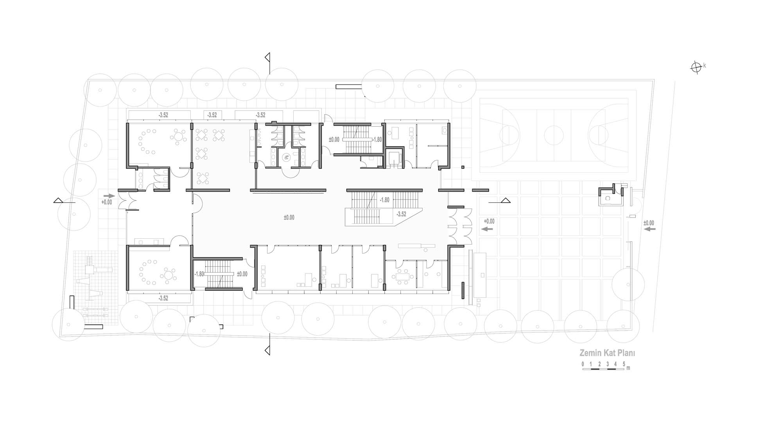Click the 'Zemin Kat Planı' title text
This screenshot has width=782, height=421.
(x=607, y=353)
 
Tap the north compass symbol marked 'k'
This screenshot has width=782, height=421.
(x=696, y=67)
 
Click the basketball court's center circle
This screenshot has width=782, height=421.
(x=554, y=135)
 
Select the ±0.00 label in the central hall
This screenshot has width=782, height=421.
(x=289, y=218)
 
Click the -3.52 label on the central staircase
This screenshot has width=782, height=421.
(x=401, y=214)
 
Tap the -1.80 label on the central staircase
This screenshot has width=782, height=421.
(x=385, y=200)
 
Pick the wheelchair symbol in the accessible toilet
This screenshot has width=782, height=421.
(x=287, y=157)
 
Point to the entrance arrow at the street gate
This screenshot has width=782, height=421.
(x=650, y=229)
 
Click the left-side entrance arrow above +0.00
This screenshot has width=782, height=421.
(x=109, y=196)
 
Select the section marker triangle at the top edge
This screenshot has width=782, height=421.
(x=267, y=58)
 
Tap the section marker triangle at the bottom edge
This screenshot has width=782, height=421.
(x=267, y=350)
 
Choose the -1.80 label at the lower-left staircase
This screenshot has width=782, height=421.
(x=199, y=274)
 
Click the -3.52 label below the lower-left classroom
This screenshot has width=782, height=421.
(x=163, y=299)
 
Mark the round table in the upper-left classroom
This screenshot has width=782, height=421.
(x=178, y=137)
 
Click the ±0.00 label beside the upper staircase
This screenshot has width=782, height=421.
(x=334, y=140)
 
